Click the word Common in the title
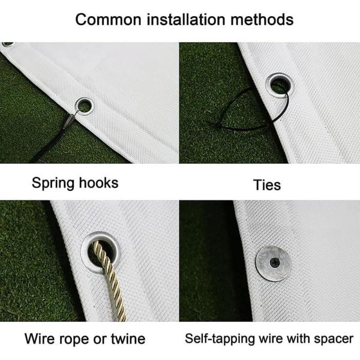point(108,20)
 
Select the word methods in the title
point(262,19)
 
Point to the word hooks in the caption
point(99,183)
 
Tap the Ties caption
point(267,185)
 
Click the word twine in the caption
point(128,339)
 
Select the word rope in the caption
point(74,340)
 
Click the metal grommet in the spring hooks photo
point(85,106)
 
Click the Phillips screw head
point(275,262)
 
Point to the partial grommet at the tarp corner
point(8,44)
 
